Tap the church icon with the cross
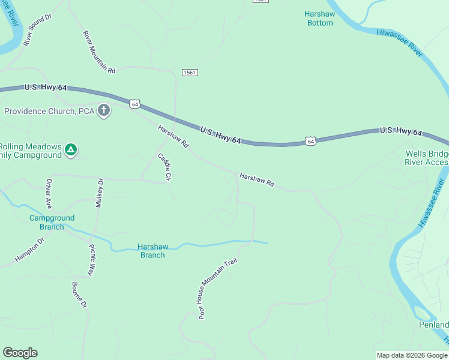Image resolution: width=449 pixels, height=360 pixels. [x=104, y=110]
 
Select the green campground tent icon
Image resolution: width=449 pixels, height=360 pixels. [x=71, y=149]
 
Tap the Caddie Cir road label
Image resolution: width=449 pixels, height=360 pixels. [x=164, y=167]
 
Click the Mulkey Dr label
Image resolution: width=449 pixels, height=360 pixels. [x=100, y=193]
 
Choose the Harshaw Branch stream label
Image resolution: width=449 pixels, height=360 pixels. [x=152, y=251]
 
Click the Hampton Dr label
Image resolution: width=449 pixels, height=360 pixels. [x=29, y=250]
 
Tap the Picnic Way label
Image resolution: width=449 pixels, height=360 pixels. [x=92, y=260]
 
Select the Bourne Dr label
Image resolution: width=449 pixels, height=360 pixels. [x=80, y=295]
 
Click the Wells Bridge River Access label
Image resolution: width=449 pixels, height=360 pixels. [x=427, y=158]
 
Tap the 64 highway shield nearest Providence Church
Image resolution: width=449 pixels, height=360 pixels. [x=134, y=104]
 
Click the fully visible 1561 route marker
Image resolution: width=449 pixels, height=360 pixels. [x=190, y=72]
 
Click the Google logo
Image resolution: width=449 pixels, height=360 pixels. [x=20, y=353]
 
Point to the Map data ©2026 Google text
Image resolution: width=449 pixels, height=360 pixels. [x=412, y=356]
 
